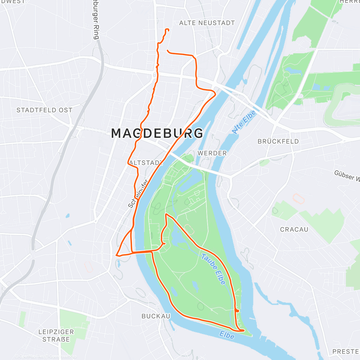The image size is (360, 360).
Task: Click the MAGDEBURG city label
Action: pos(157,133)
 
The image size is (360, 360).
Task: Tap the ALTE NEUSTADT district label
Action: pos(207,23)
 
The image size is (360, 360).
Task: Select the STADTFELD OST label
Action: pos(44,110)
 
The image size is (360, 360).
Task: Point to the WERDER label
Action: pos(212,153)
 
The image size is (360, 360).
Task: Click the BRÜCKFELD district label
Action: pos(278,141)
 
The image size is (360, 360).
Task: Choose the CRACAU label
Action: pos(294,229)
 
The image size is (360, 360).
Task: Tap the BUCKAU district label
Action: pos(156,316)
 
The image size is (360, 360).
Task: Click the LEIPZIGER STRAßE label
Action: pos(56,336)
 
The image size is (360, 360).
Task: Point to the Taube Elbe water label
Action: pos(213,269)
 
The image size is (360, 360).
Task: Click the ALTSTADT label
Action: pos(147,163)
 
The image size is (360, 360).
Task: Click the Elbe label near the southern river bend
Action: pos(227,335)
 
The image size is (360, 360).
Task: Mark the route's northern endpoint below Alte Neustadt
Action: pos(168,30)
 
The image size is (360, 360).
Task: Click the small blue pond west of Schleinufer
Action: pos(67,215)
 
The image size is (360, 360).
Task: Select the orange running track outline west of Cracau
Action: pos(299,199)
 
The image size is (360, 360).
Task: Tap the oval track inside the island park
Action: pos(189,229)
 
